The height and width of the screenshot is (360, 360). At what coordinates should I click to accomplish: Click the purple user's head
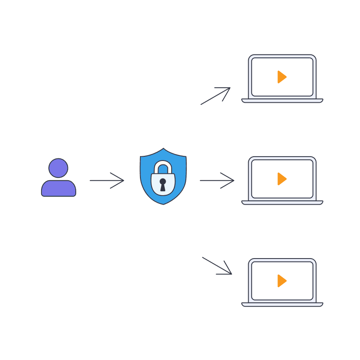point(58,168)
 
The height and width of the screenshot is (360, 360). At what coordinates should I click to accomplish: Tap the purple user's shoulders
point(58,188)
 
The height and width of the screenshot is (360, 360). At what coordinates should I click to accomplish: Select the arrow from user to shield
point(106,181)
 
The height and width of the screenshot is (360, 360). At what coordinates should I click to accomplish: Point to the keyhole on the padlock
point(163,184)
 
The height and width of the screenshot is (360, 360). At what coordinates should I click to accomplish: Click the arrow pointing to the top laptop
point(215,96)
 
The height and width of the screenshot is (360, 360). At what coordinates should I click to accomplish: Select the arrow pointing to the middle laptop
point(216,181)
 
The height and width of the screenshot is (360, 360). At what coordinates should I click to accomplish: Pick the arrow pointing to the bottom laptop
point(217,265)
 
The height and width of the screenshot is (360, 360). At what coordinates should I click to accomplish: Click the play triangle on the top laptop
point(281,77)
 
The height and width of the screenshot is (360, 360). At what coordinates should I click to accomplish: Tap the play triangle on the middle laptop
point(281,179)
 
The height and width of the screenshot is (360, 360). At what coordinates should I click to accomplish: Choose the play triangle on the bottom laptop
point(281,281)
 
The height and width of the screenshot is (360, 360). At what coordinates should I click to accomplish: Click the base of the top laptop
point(282,101)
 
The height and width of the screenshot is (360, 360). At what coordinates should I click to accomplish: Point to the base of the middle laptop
point(282,202)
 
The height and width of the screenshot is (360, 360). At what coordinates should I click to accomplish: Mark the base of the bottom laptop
point(282,304)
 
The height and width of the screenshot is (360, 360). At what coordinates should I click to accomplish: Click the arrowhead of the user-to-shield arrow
point(122,181)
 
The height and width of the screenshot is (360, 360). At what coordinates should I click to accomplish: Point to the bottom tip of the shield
point(163,204)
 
